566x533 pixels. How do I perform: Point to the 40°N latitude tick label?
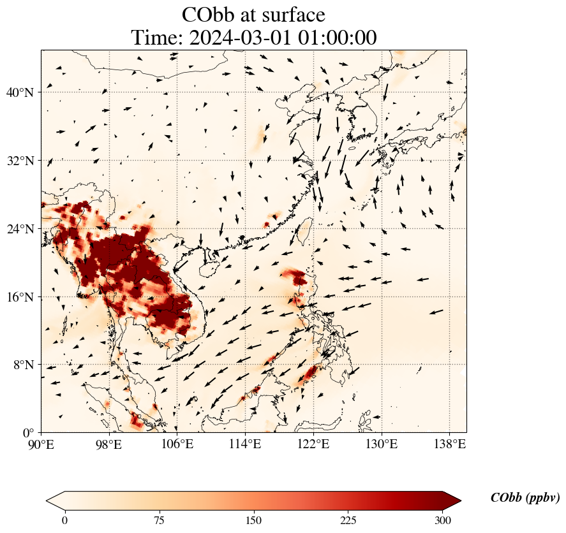click(20, 92)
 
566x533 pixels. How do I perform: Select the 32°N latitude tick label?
click(20, 161)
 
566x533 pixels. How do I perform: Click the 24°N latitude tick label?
click(20, 229)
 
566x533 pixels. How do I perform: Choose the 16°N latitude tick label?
click(20, 297)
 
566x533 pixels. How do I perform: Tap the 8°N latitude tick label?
click(22, 365)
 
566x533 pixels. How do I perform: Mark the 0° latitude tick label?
click(27, 433)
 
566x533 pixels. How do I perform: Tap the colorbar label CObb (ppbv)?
click(525, 499)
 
